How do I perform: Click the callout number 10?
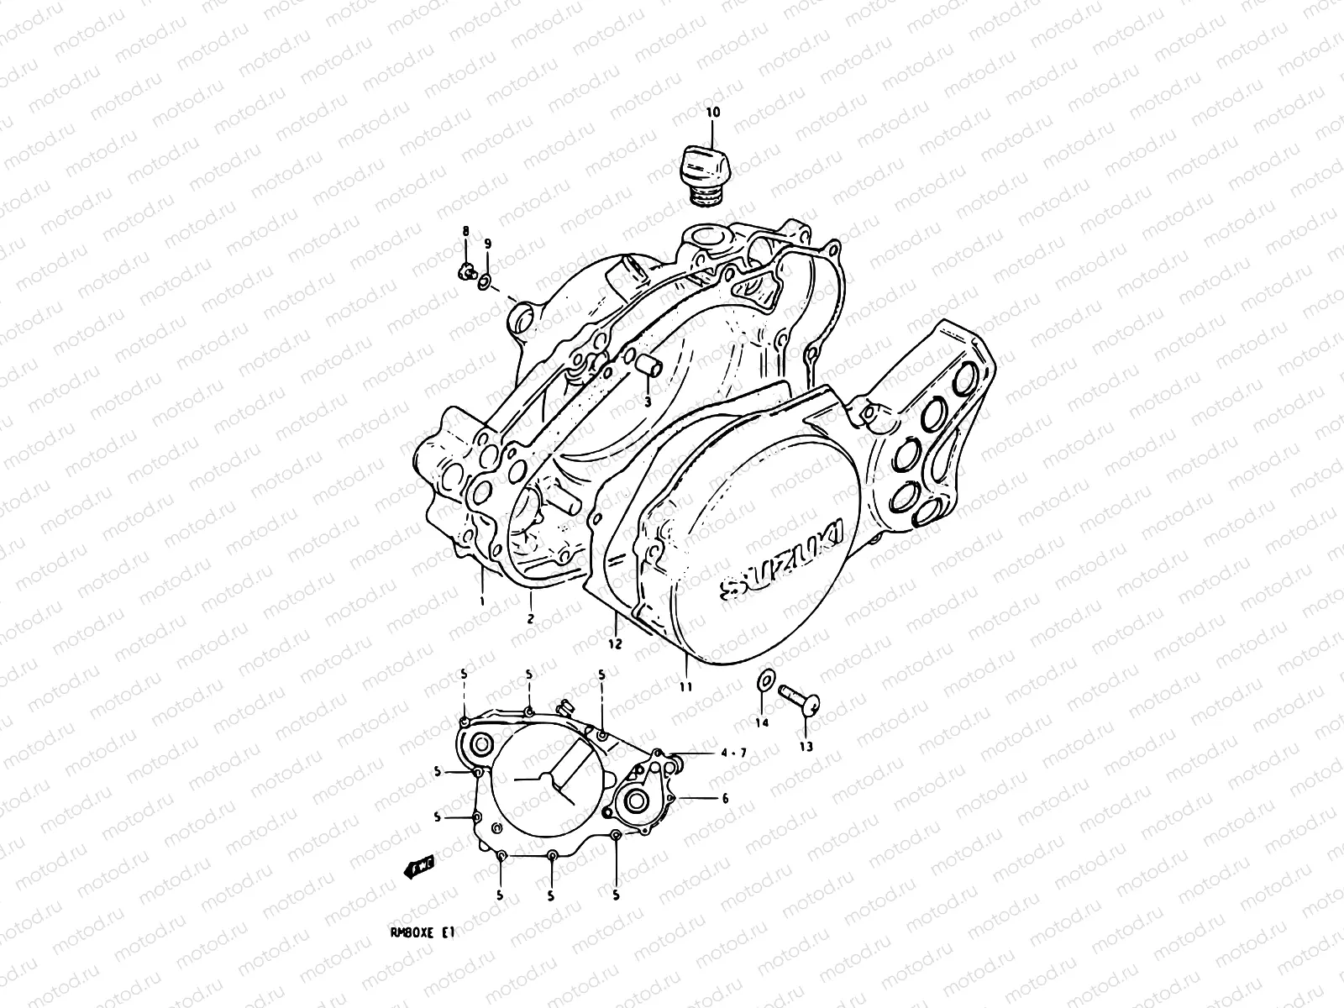[x=712, y=113]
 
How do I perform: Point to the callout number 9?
[x=488, y=244]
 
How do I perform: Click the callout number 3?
[x=648, y=402]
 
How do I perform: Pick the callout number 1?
[x=483, y=601]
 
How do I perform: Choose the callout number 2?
[x=530, y=619]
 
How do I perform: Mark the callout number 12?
[x=615, y=644]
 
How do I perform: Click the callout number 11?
[x=686, y=687]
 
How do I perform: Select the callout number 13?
[x=806, y=746]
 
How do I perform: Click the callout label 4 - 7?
[x=733, y=753]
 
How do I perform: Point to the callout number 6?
[x=725, y=799]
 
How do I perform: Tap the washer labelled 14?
[x=765, y=680]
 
